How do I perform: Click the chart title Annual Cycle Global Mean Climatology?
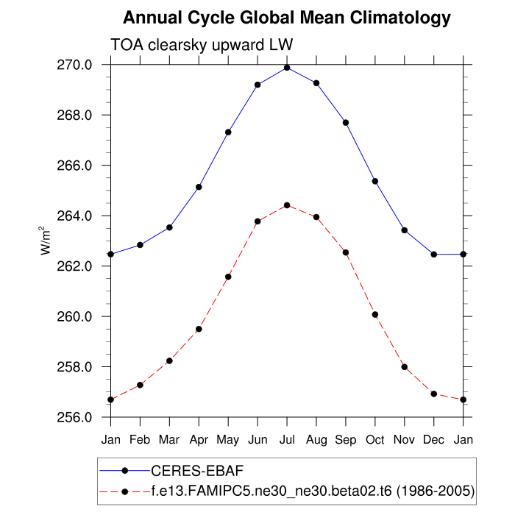coord(286,17)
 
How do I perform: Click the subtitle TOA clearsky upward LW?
coord(202,45)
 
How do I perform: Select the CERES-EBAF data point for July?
coord(287,68)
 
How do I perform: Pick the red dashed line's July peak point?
coord(287,205)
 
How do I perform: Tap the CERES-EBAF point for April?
coord(199,187)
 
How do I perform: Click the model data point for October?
coord(375,314)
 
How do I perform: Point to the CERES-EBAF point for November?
coord(405,230)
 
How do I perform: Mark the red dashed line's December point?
coord(434,394)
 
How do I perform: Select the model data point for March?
coord(169,360)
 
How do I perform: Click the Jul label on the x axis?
coord(287,439)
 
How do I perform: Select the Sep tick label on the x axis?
coord(346,439)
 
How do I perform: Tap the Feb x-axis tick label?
coord(140,439)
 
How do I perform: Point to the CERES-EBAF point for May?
coord(228,132)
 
